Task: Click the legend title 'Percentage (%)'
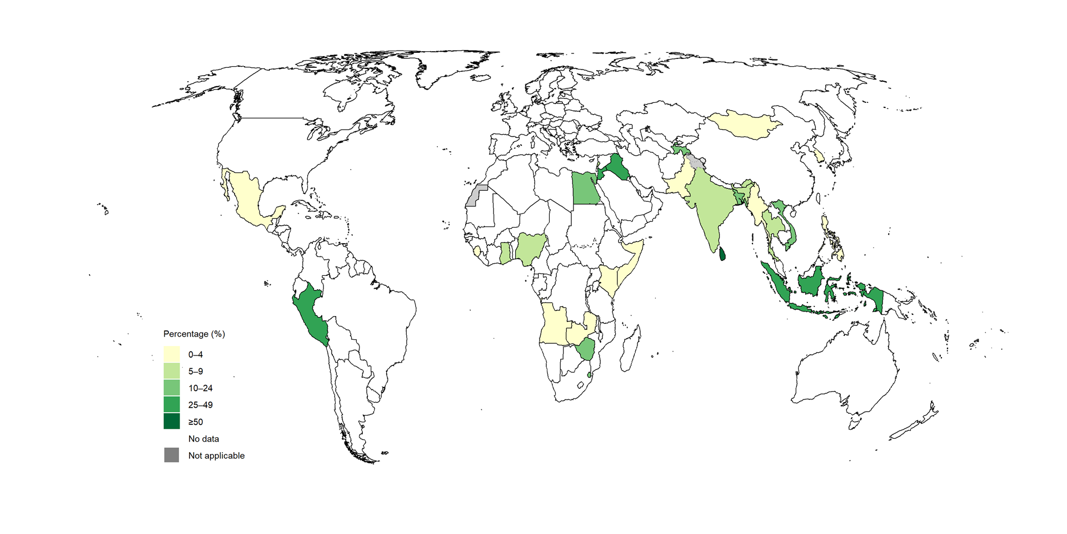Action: (194, 334)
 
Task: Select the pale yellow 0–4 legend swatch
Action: (172, 354)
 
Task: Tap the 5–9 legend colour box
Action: (172, 371)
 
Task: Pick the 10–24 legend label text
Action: (200, 388)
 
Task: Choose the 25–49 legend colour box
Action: (172, 405)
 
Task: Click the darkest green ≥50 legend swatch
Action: (172, 421)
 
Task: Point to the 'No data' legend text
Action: (203, 439)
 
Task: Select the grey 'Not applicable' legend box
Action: (172, 455)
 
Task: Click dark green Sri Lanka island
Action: (722, 254)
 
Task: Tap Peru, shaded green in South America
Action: (308, 314)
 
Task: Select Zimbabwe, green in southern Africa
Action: (585, 350)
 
